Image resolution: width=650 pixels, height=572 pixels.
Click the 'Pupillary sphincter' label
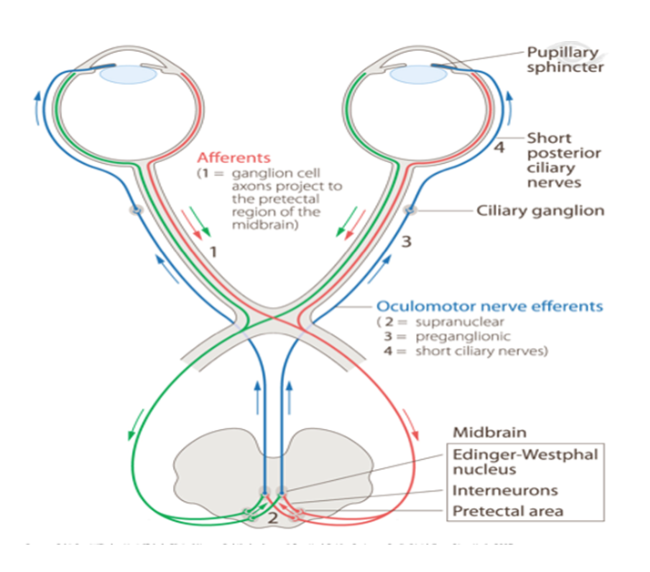pos(564,59)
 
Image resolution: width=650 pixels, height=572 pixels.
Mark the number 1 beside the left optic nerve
pos(213,250)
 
